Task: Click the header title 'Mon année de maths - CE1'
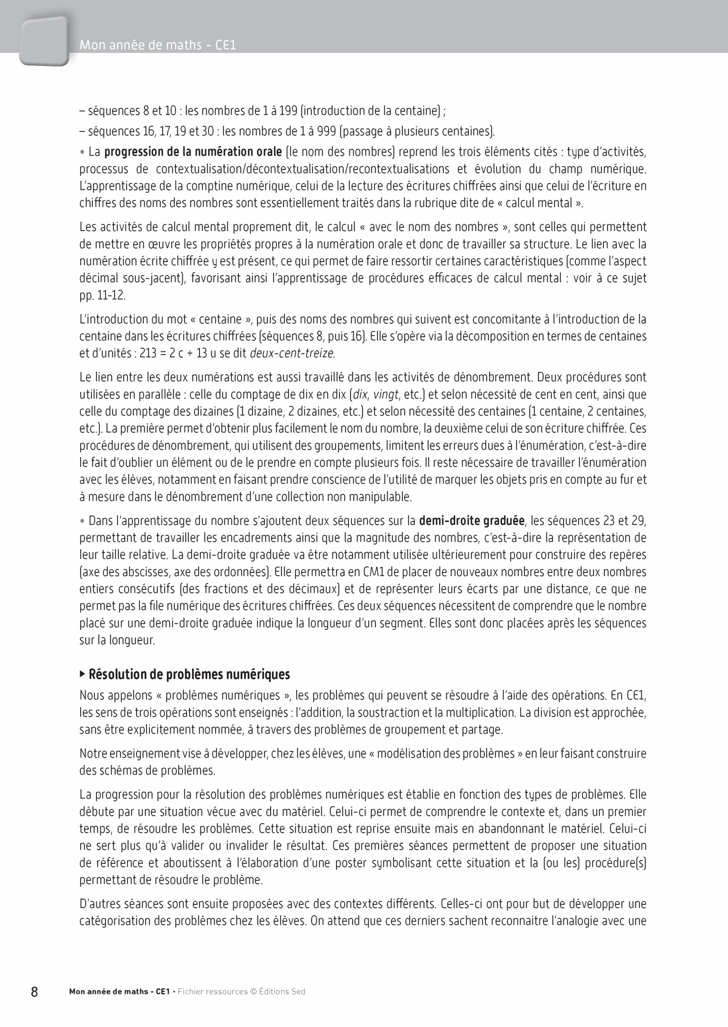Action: click(157, 45)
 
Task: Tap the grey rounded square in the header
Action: click(44, 41)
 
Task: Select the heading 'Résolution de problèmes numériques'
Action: click(189, 674)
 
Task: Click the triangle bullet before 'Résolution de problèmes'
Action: click(82, 674)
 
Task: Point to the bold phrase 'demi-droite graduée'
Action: click(471, 520)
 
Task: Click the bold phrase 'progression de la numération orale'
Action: click(193, 152)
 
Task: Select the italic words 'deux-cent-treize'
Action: click(292, 353)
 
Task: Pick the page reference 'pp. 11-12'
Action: click(103, 295)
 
